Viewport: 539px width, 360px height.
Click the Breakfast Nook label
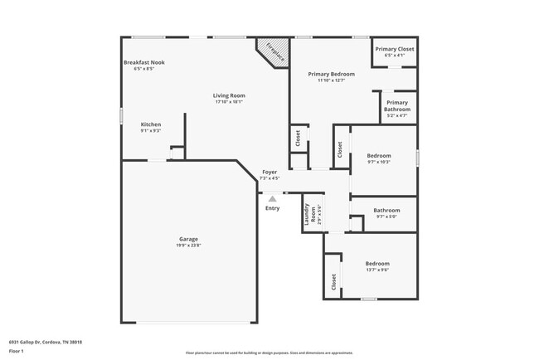coord(143,63)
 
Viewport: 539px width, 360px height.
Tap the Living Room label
coord(230,95)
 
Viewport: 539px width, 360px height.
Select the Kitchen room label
coord(150,124)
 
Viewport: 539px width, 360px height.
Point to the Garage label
coord(188,239)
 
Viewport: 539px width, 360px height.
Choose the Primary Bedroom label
coord(331,74)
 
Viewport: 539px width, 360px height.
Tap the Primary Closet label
coord(394,49)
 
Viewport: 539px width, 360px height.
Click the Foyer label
coord(269,172)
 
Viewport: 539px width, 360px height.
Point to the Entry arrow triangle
coord(272,197)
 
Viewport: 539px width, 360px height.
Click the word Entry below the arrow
coord(272,208)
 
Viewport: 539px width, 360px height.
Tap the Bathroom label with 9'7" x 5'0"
coord(386,210)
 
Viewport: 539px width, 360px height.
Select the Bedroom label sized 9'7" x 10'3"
coord(378,155)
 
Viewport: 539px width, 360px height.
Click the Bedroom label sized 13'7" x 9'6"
coord(377,263)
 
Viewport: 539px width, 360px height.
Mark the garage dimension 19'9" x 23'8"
coord(188,246)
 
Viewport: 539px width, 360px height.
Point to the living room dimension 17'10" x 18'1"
coord(230,102)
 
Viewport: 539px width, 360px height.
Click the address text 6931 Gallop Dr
coord(46,341)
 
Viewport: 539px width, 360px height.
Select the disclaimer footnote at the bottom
coord(269,353)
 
